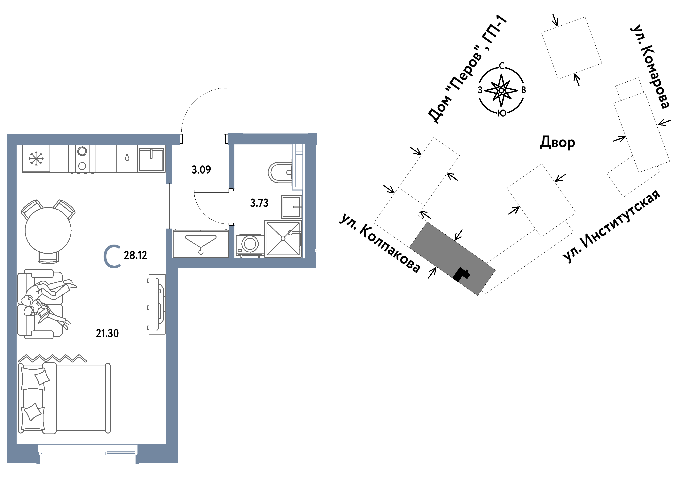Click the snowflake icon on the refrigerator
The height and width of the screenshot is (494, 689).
pyautogui.click(x=36, y=158)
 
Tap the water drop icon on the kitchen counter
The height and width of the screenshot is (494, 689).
pyautogui.click(x=127, y=158)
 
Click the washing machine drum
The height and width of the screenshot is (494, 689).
pyautogui.click(x=250, y=244)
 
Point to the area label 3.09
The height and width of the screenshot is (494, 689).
pyautogui.click(x=201, y=170)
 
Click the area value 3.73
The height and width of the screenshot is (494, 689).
pyautogui.click(x=259, y=203)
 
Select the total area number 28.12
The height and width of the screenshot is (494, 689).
pyautogui.click(x=135, y=255)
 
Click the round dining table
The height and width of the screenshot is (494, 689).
pyautogui.click(x=48, y=231)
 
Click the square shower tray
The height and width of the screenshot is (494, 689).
pyautogui.click(x=283, y=239)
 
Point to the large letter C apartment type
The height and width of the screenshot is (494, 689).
pyautogui.click(x=112, y=257)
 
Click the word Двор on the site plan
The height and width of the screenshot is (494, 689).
pyautogui.click(x=557, y=142)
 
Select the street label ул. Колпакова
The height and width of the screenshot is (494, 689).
pyautogui.click(x=380, y=243)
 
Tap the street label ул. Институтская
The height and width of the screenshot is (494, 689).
pyautogui.click(x=611, y=226)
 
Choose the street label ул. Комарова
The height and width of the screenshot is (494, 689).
pyautogui.click(x=650, y=66)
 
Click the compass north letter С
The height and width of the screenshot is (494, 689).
pyautogui.click(x=502, y=66)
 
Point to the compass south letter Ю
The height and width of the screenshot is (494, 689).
pyautogui.click(x=502, y=113)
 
